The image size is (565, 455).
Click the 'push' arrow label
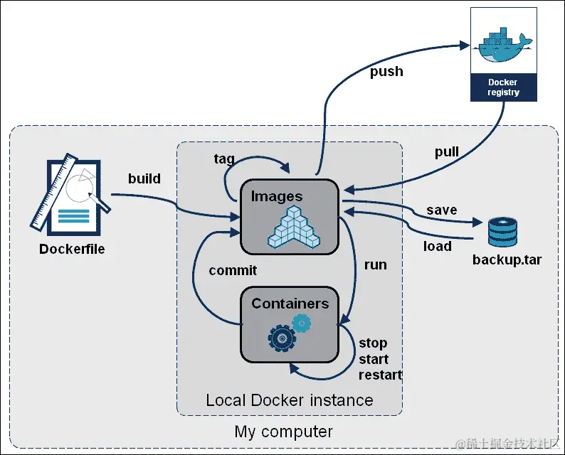point(386,71)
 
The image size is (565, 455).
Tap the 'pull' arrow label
point(446,152)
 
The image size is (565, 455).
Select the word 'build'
point(144,178)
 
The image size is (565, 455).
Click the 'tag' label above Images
point(224,158)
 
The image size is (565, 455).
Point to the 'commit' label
point(233,270)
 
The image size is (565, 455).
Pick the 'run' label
point(375,264)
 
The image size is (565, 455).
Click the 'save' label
point(441,210)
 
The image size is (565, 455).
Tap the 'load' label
point(437,246)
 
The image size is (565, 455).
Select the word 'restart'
point(380,375)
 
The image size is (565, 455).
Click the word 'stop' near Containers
point(373,343)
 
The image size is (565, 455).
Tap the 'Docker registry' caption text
point(502,87)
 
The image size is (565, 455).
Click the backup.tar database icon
point(502,230)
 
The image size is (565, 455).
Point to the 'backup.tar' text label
point(507,259)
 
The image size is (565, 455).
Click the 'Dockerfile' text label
point(72,249)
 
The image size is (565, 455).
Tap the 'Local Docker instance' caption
point(289,400)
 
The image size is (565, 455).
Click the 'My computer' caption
point(283,432)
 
